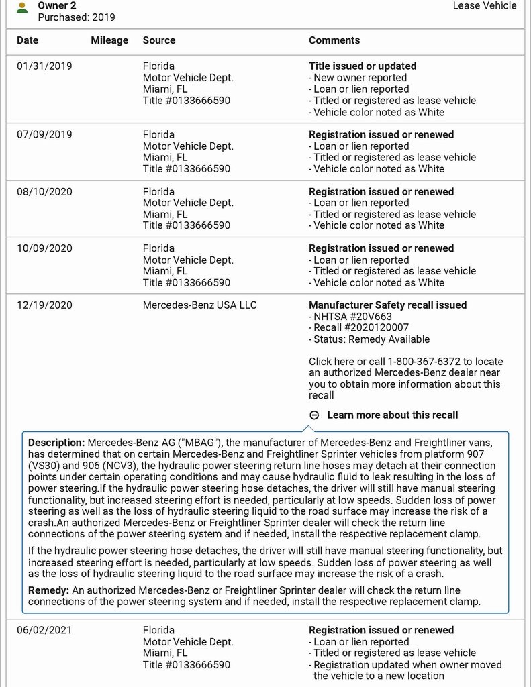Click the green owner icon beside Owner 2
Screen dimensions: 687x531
click(x=23, y=7)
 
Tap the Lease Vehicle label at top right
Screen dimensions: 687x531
click(x=485, y=6)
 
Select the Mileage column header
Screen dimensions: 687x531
click(x=109, y=40)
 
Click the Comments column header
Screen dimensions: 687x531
click(x=334, y=40)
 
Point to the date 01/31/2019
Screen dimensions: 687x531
click(x=44, y=66)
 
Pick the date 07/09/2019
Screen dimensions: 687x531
click(x=44, y=135)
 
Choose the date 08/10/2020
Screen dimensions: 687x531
click(x=44, y=192)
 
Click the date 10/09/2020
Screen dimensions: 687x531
click(x=44, y=248)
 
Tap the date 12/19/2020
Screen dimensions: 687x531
click(x=44, y=305)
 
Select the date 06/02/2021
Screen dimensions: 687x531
click(x=44, y=631)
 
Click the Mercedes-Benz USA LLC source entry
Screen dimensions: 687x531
click(x=199, y=305)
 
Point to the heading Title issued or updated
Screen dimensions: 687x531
click(x=363, y=66)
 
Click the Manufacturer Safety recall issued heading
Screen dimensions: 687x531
click(x=387, y=305)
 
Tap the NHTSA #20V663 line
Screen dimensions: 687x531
click(x=350, y=317)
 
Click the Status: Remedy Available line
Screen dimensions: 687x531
click(x=369, y=339)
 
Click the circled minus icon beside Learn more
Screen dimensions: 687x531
click(x=314, y=415)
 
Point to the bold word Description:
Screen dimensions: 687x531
click(x=56, y=443)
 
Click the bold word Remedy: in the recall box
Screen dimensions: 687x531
click(x=47, y=590)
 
